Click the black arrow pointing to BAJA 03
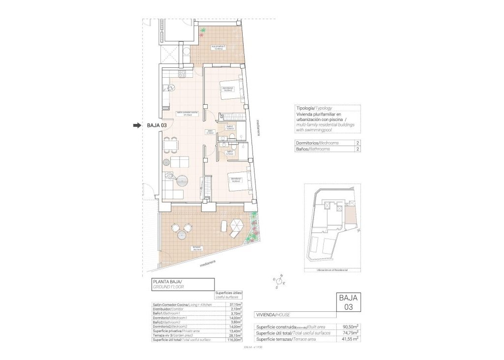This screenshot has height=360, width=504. (136, 125)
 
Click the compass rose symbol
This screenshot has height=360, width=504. (279, 281)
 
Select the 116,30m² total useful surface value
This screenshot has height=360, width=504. (236, 340)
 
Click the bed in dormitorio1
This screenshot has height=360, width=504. (238, 184)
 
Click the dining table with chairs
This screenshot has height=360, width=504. (170, 144)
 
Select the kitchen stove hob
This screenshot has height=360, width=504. (181, 75)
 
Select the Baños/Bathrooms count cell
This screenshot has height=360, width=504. (356, 149)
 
